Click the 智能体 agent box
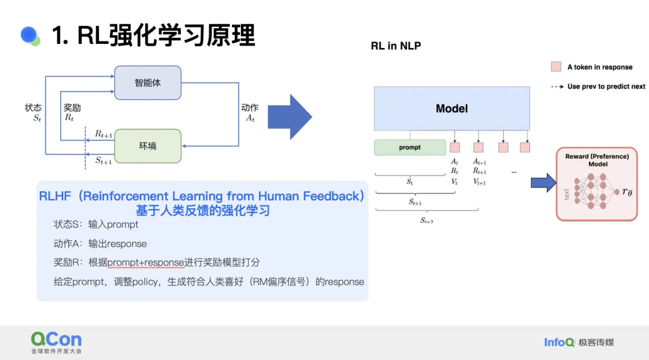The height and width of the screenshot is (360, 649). (x=148, y=83)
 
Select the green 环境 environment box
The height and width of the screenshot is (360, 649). (x=148, y=146)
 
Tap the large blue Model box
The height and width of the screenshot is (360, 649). (x=451, y=108)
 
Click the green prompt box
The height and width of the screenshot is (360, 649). (x=410, y=147)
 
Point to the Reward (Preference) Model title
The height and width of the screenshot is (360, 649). (x=597, y=160)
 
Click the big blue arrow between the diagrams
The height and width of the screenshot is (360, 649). (x=290, y=117)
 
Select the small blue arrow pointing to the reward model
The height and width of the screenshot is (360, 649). (x=543, y=183)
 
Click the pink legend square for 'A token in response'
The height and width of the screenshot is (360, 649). (x=556, y=67)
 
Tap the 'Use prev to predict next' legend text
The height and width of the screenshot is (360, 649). (x=606, y=87)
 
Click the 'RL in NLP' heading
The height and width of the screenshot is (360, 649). (x=395, y=46)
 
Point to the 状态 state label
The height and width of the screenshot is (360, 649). (x=33, y=108)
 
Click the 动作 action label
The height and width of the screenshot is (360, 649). (x=249, y=108)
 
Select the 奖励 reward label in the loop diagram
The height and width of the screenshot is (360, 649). (x=72, y=108)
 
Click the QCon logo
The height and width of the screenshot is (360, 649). (x=56, y=342)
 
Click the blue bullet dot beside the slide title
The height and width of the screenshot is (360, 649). (x=29, y=35)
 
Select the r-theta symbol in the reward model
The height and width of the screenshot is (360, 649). (x=627, y=192)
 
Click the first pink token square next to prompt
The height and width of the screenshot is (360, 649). (x=454, y=147)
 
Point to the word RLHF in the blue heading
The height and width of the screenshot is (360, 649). (x=55, y=196)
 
